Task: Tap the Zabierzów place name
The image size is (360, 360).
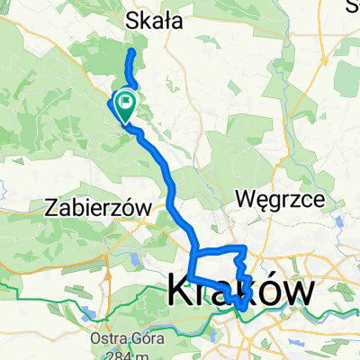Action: pos(94,208)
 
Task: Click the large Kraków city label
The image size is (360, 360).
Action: pos(241,290)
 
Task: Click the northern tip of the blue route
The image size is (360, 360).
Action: pos(132,52)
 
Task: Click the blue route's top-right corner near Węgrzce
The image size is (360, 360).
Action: pos(246,247)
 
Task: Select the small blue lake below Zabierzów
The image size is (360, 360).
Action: pos(136,260)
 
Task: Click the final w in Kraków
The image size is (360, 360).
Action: pos(301,290)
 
